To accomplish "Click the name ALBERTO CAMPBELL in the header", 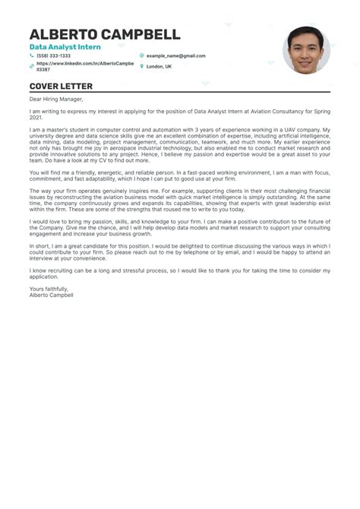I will (x=105, y=34).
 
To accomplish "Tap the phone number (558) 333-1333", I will (x=53, y=55).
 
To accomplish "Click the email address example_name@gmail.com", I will (x=175, y=55).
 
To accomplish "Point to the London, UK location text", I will (x=159, y=66).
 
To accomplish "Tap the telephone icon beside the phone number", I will (x=32, y=55).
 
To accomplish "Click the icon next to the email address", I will (x=141, y=55).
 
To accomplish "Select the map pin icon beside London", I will (x=141, y=66).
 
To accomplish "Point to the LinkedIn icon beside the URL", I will (x=32, y=66).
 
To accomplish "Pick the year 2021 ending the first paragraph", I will (x=36, y=118).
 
